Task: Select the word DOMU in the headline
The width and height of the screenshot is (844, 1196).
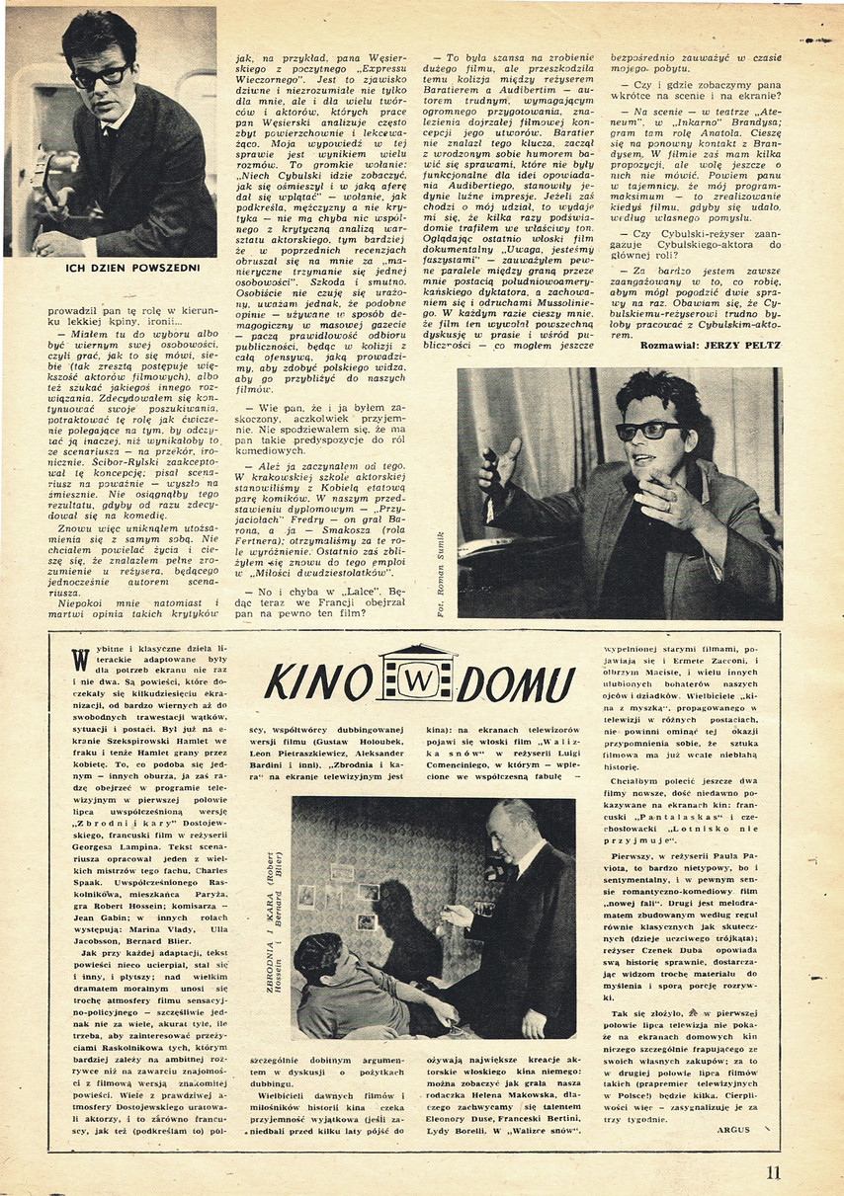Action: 515,682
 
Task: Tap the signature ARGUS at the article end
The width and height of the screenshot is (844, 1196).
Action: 733,1128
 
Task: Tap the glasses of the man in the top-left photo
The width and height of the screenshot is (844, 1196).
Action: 99,74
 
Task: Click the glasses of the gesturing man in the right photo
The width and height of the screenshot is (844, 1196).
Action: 648,432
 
